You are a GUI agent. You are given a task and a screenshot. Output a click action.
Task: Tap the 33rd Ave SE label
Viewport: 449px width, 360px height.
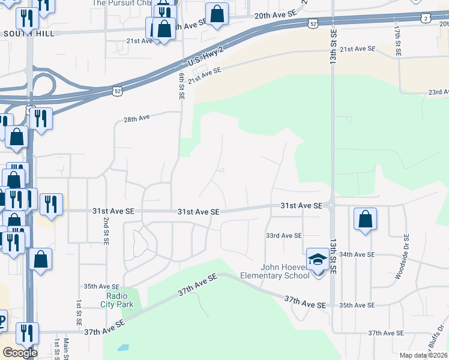pyautogui.click(x=284, y=236)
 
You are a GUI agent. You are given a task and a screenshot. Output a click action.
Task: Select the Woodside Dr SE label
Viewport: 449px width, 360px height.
pyautogui.click(x=399, y=261)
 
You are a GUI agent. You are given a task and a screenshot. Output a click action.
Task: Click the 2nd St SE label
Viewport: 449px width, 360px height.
pyautogui.click(x=106, y=230)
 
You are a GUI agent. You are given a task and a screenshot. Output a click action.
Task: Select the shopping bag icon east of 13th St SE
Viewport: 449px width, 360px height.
pyautogui.click(x=365, y=220)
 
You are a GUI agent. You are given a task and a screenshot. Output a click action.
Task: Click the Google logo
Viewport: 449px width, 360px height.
pyautogui.click(x=19, y=353)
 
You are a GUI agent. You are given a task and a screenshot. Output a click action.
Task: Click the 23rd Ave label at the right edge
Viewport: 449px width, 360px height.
pyautogui.click(x=438, y=92)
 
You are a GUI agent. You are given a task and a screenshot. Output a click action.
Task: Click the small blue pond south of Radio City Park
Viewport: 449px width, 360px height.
pyautogui.click(x=124, y=347)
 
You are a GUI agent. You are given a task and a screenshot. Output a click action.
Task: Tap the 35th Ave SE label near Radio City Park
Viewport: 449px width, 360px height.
pyautogui.click(x=101, y=287)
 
